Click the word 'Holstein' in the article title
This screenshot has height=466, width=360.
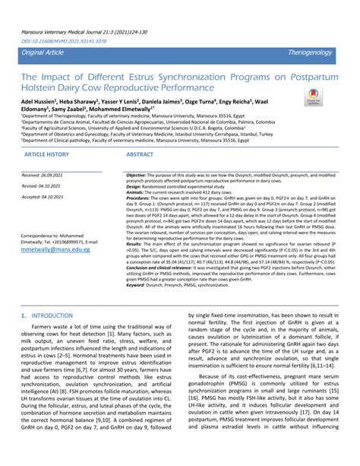pyautogui.click(x=42, y=87)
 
